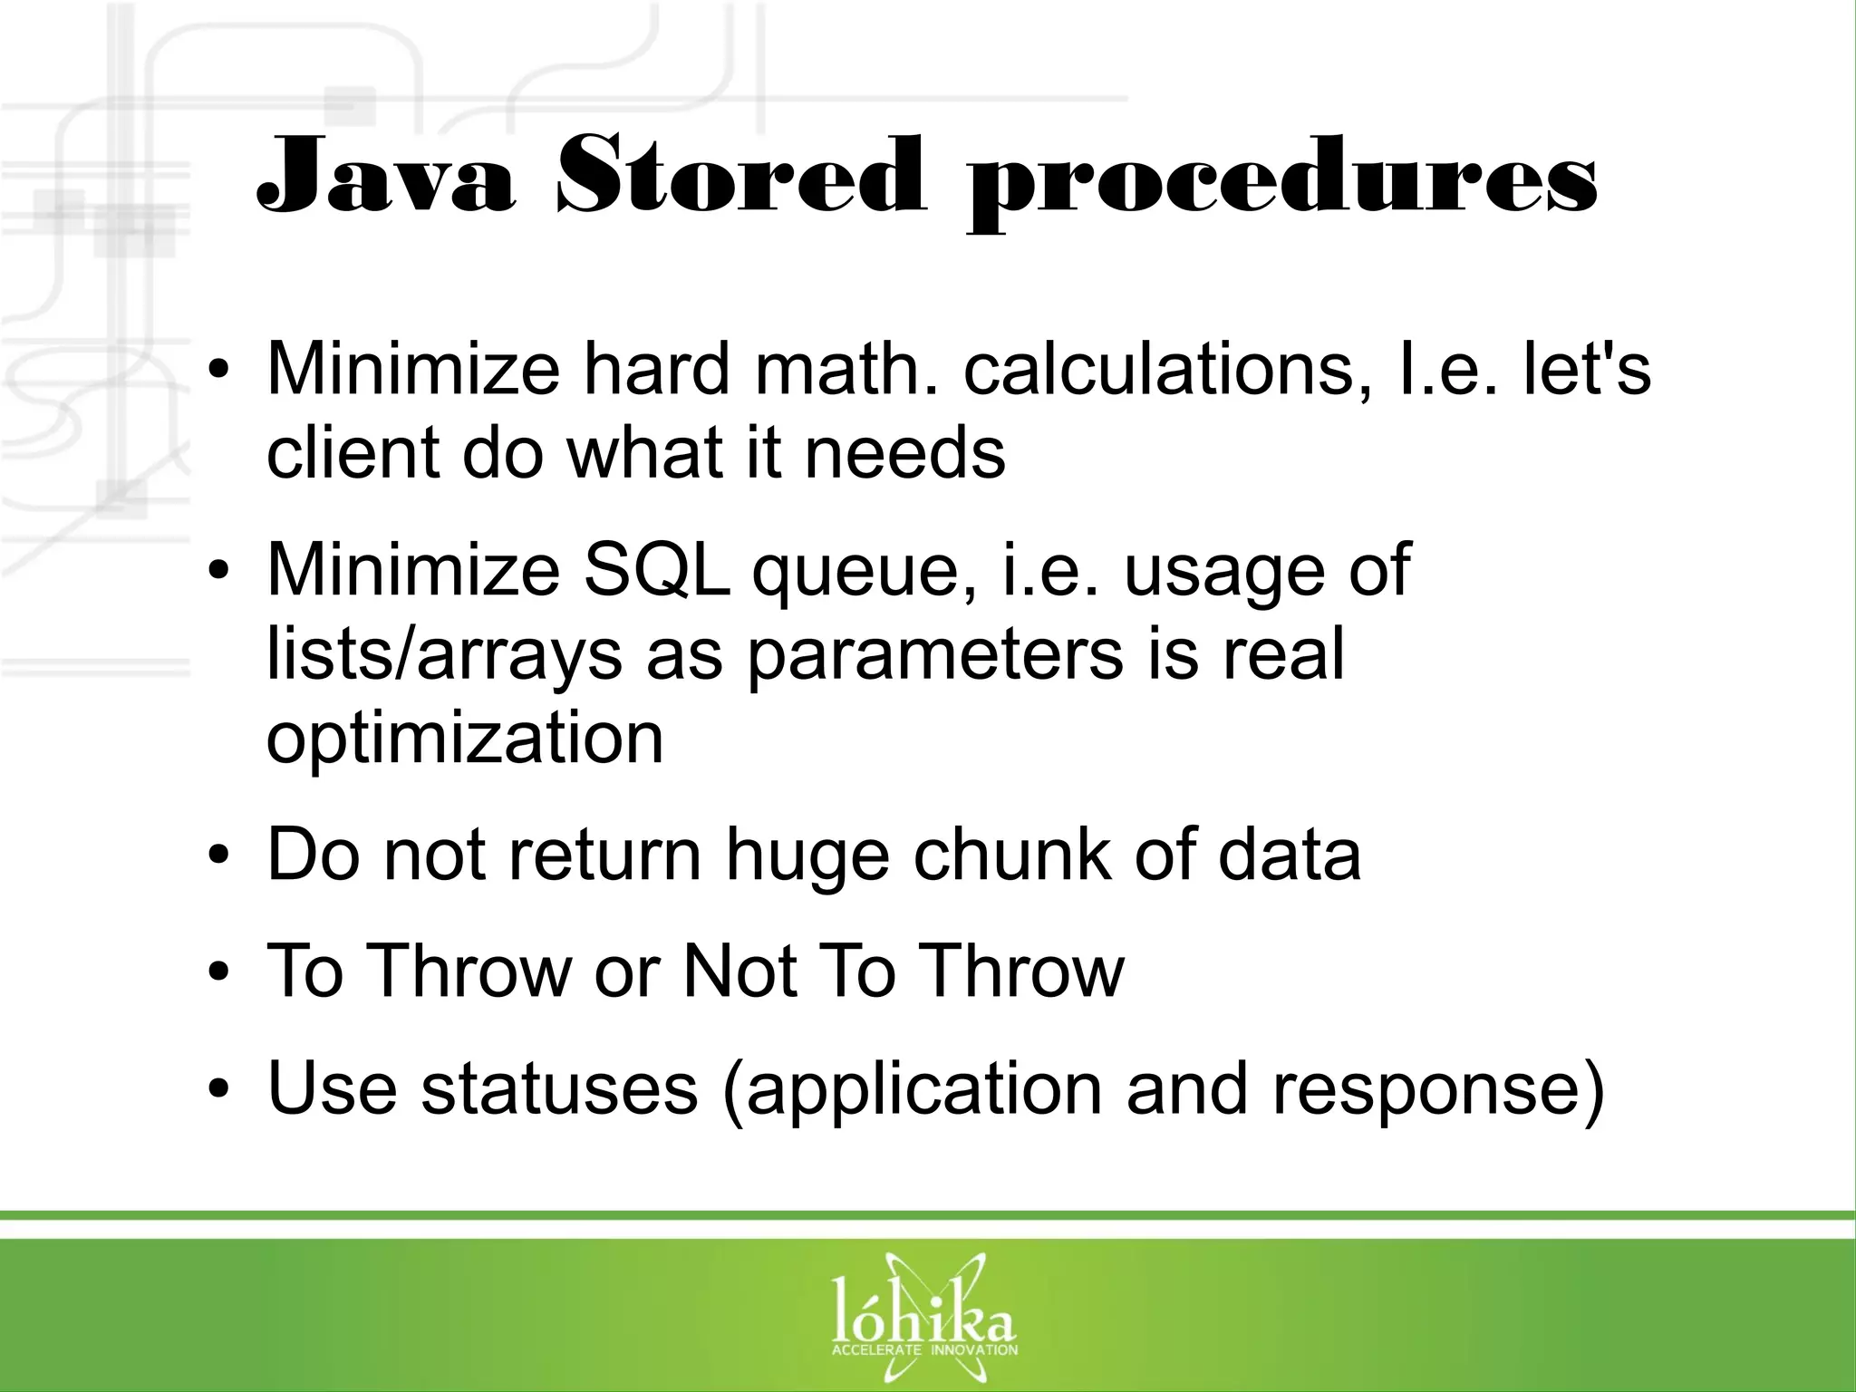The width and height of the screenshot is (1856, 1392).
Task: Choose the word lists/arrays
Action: coord(444,656)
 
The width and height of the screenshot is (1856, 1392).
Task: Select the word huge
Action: coord(807,857)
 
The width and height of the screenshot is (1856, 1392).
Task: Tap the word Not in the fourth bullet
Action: coord(739,971)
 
